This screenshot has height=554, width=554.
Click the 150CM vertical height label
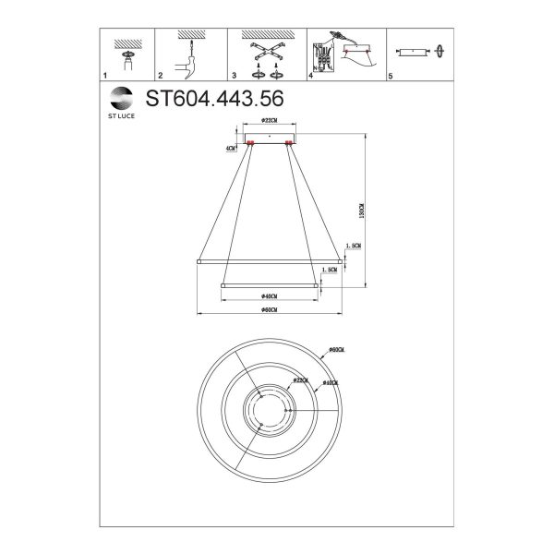tap(363, 211)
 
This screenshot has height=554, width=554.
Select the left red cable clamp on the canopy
tap(249, 143)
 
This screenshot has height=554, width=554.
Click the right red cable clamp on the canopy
tap(290, 143)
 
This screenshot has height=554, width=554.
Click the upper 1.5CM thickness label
tap(351, 247)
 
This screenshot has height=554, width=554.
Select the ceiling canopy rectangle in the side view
tap(270, 138)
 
